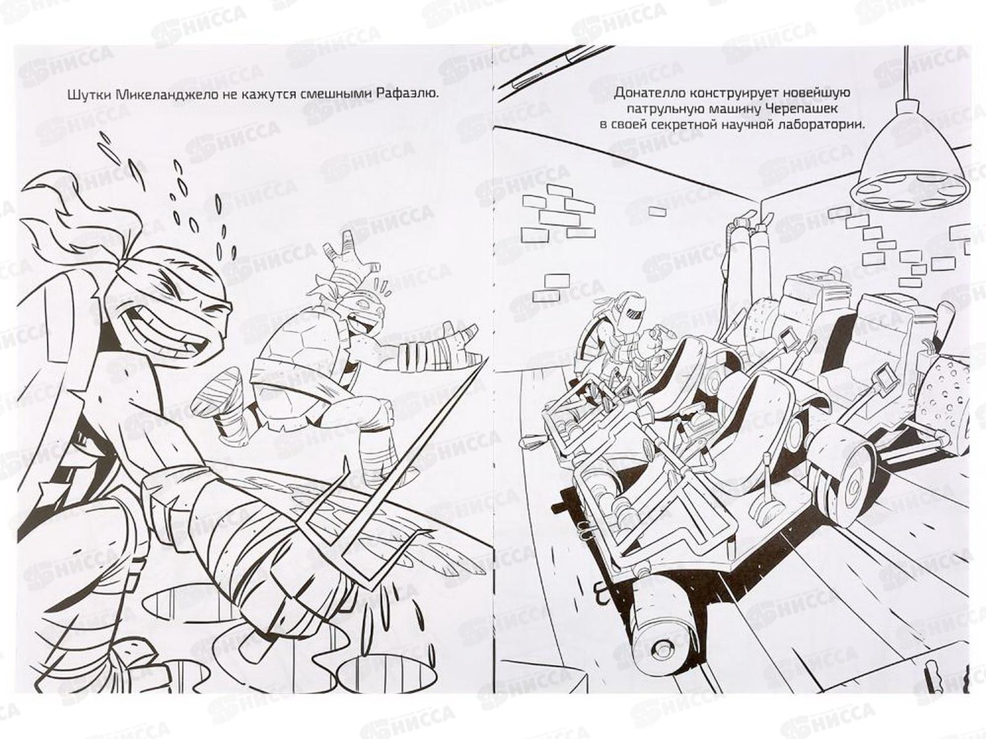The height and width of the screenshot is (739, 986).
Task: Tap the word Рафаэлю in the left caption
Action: click(x=407, y=108)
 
